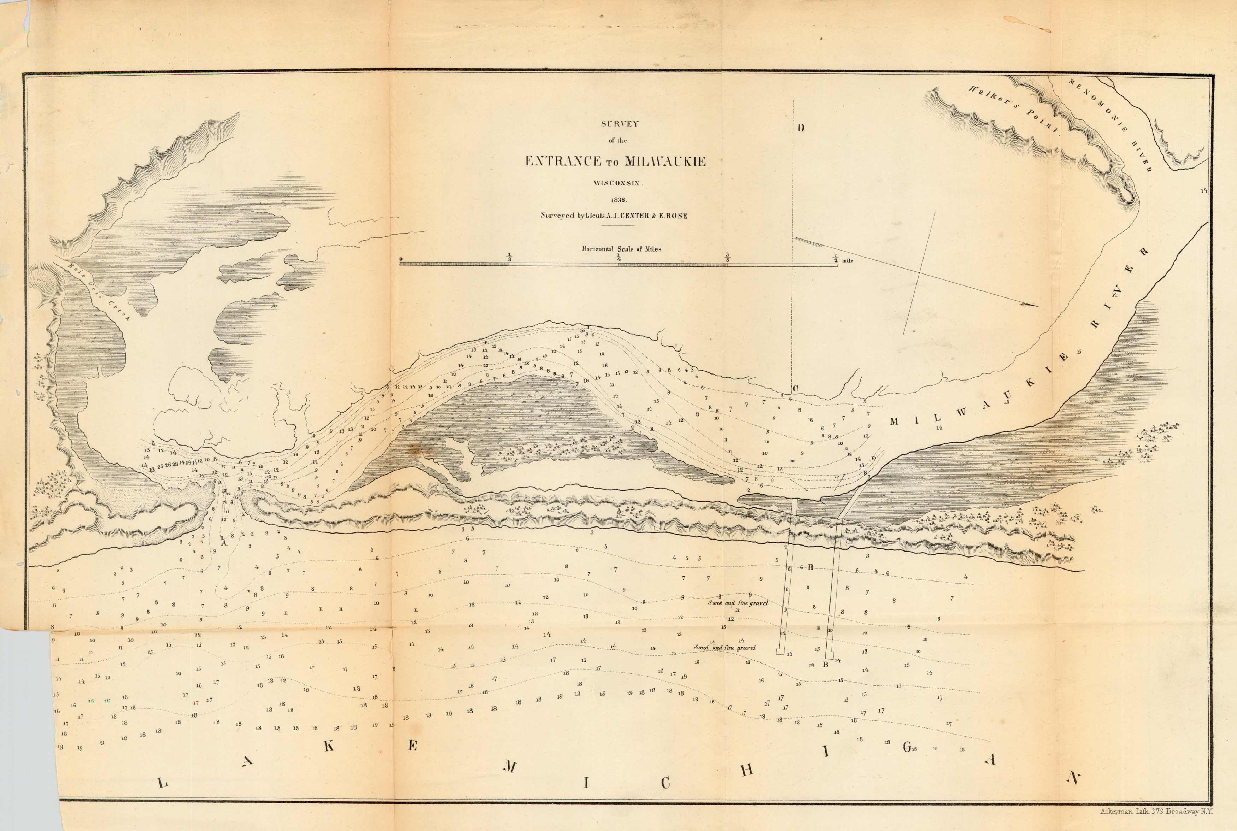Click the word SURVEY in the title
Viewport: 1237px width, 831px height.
click(x=620, y=124)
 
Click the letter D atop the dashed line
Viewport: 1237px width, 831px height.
click(x=801, y=128)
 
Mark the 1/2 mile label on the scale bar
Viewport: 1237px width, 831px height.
click(x=842, y=260)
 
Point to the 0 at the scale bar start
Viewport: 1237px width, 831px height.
click(x=401, y=259)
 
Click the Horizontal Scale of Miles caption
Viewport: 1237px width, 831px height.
click(x=621, y=249)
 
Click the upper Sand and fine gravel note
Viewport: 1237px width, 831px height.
click(x=738, y=603)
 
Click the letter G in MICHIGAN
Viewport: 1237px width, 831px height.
click(x=907, y=747)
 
